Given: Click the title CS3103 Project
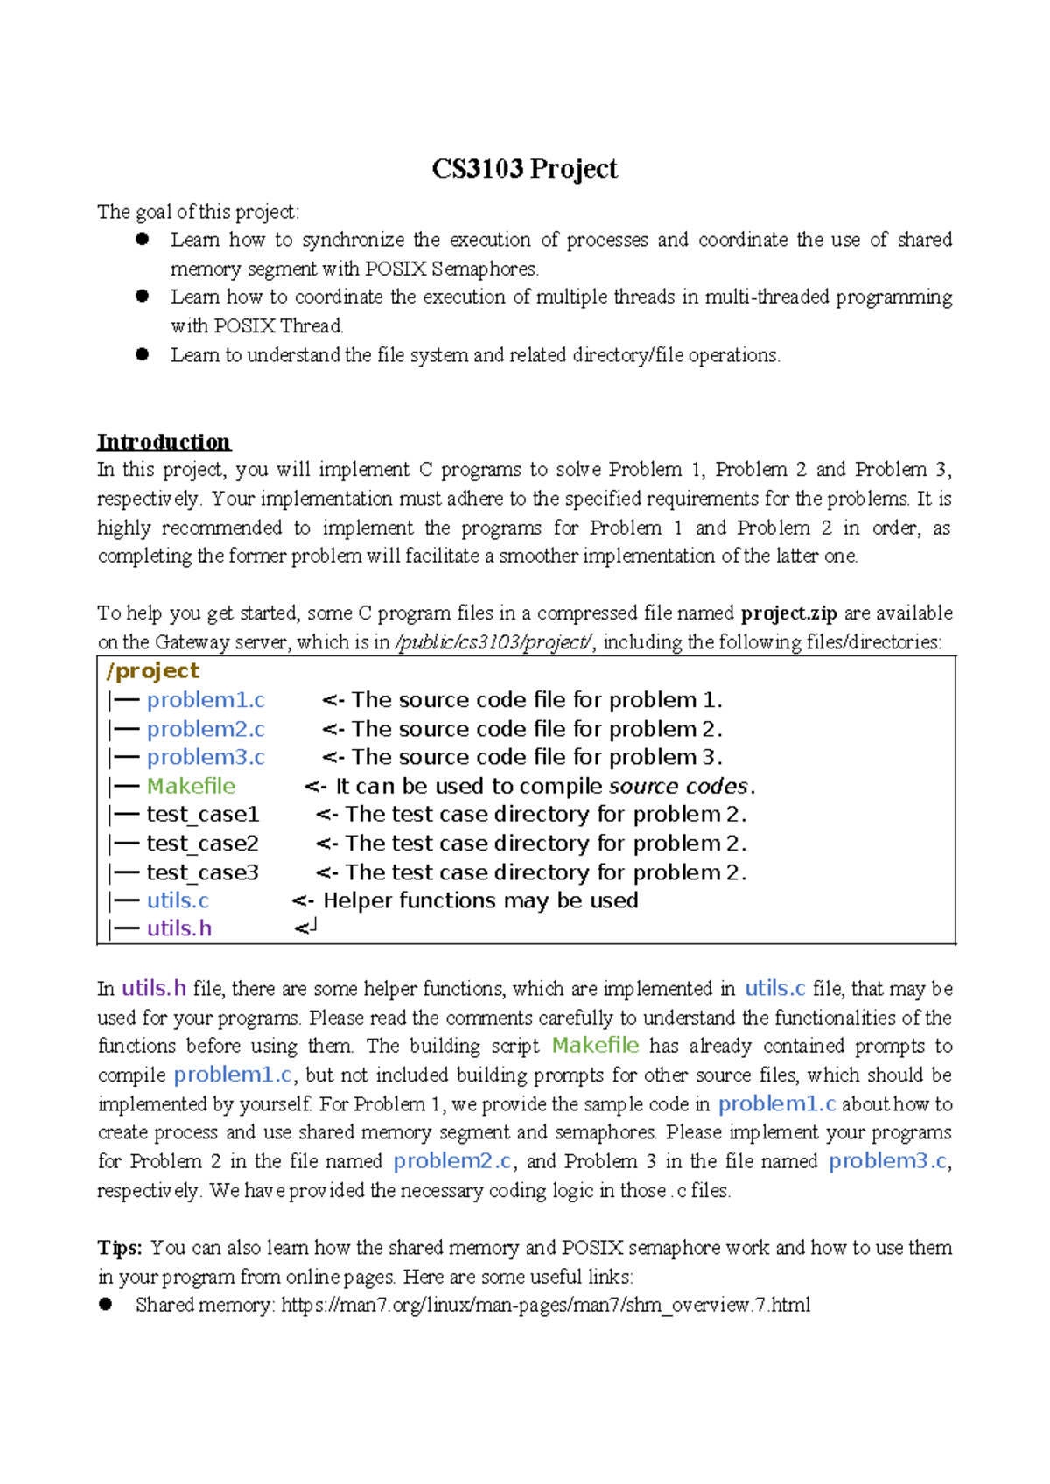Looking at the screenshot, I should pos(524,169).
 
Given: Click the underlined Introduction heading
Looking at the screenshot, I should pos(164,442).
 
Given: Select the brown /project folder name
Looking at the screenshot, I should pos(152,671).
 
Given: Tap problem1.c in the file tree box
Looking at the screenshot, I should pos(206,700).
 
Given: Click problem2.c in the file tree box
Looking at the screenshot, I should pos(206,729).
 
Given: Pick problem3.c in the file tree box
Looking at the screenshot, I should pos(206,757).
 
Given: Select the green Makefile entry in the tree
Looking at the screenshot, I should pos(191,786).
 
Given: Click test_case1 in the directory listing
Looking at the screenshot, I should pos(202,815).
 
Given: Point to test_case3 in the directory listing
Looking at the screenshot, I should pos(202,872).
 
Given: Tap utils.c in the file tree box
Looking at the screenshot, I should pos(178,900).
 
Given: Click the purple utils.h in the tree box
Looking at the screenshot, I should pos(179,928).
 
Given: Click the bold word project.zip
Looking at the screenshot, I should pos(788,612).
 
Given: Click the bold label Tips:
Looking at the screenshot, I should pos(120,1248).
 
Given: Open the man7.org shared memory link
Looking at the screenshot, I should pos(545,1305).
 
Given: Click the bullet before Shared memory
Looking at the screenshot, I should pos(106,1305).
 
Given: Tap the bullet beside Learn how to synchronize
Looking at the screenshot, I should pos(143,239).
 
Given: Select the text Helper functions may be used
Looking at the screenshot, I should pos(480,900).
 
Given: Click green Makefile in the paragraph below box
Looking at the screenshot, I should pos(595,1046).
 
